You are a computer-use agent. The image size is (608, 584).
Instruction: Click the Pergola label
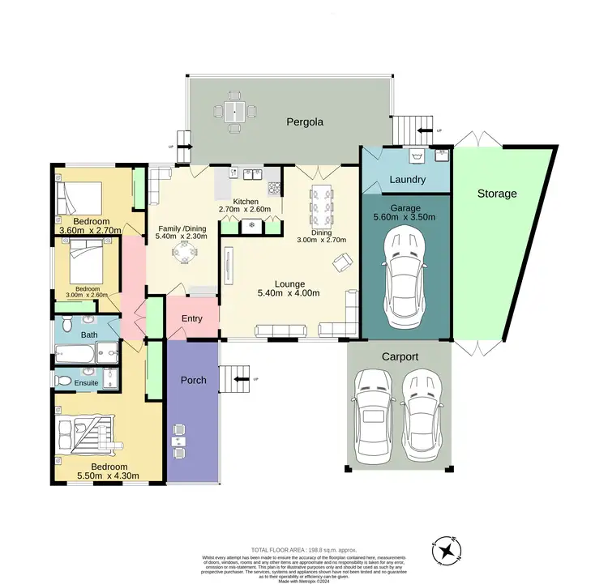click(305, 122)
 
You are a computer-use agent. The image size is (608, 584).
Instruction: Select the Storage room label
click(496, 194)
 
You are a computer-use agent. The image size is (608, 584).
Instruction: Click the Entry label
click(192, 318)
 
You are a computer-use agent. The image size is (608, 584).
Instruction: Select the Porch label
click(192, 380)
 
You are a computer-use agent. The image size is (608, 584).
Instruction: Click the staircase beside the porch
click(237, 378)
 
